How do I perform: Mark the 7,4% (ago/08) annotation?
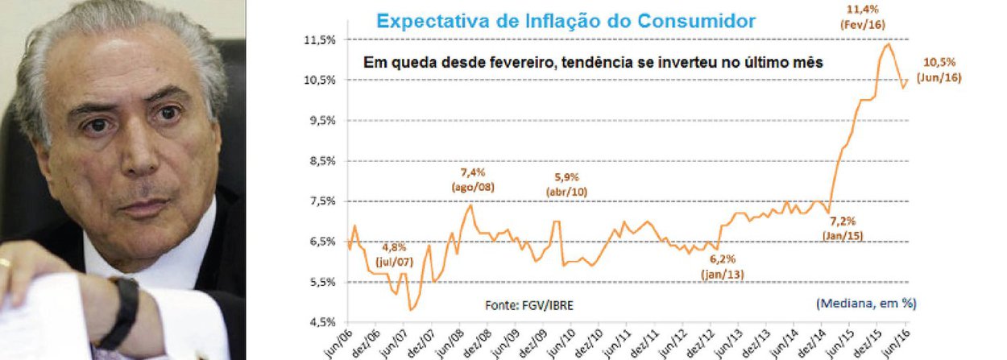[x=474, y=180]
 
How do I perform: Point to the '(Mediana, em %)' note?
[x=866, y=304]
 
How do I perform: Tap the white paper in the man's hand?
[x=48, y=318]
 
